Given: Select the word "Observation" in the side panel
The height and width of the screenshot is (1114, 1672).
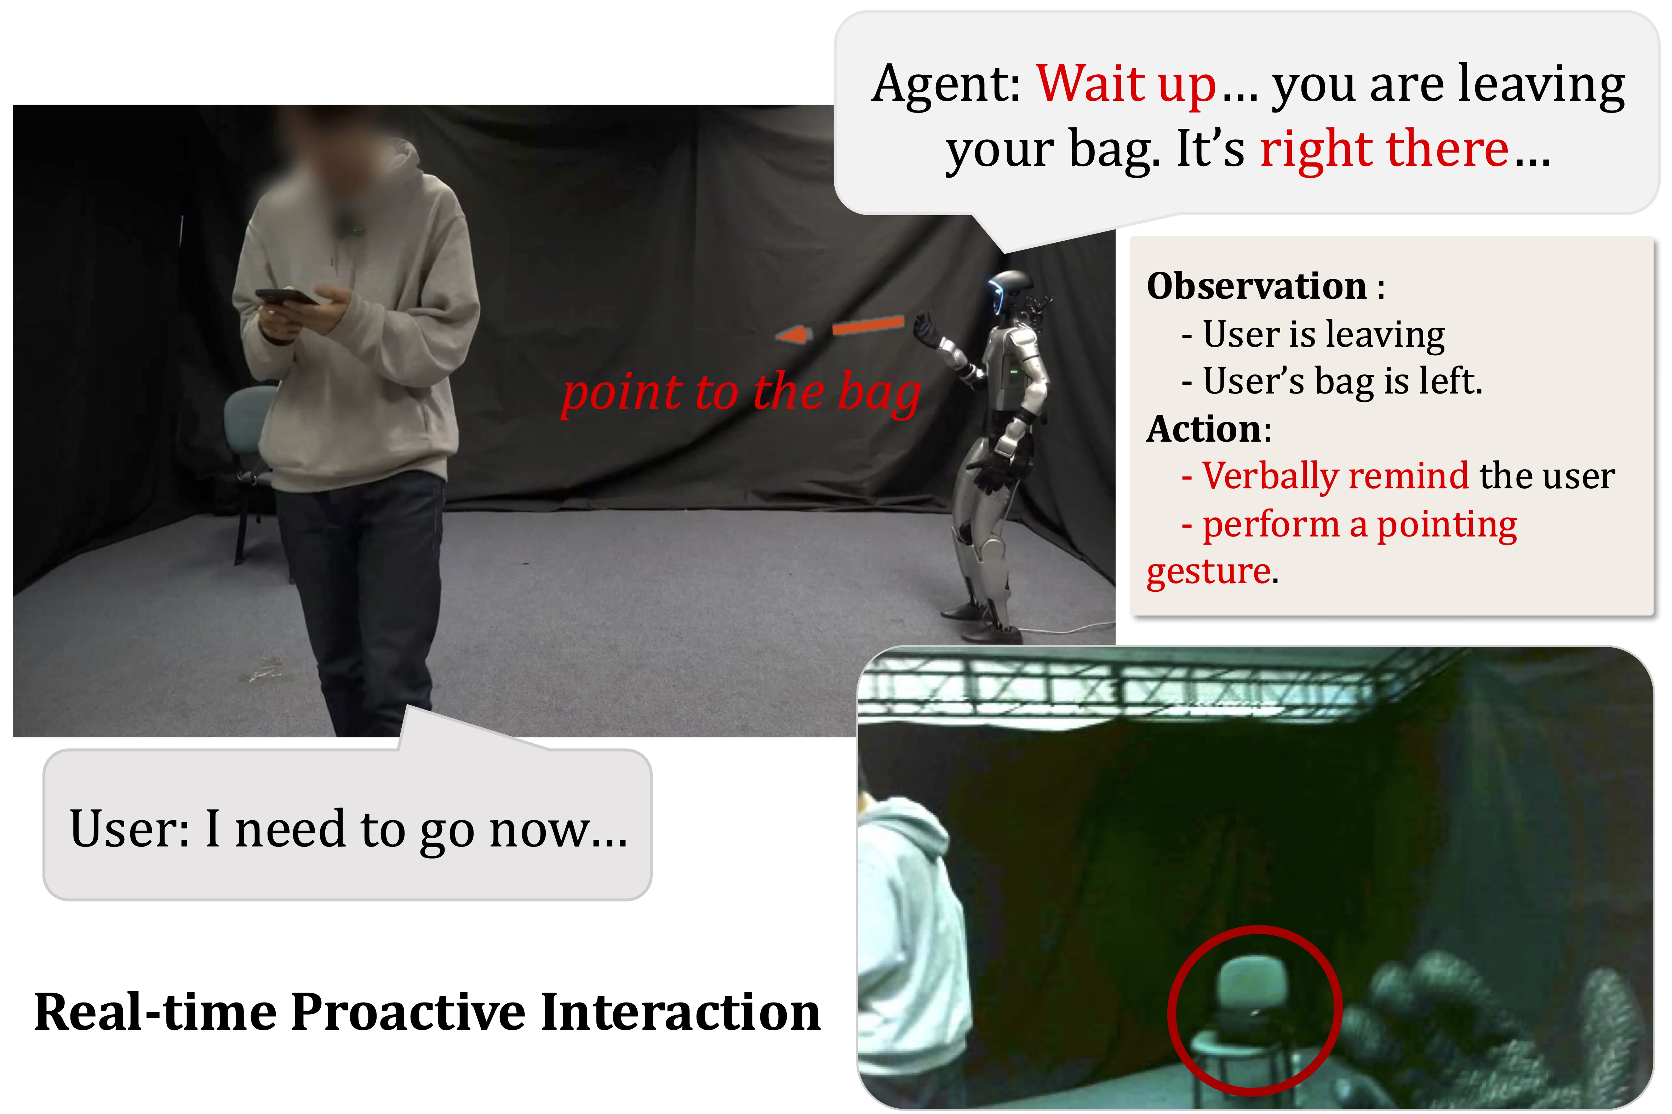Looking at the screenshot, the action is [x=1256, y=286].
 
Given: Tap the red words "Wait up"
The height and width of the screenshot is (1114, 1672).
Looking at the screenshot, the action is [x=1126, y=84].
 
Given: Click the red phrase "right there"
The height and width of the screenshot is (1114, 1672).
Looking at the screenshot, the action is [x=1384, y=149].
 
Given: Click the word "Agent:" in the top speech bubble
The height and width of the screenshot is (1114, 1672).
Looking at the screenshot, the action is [x=946, y=84].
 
